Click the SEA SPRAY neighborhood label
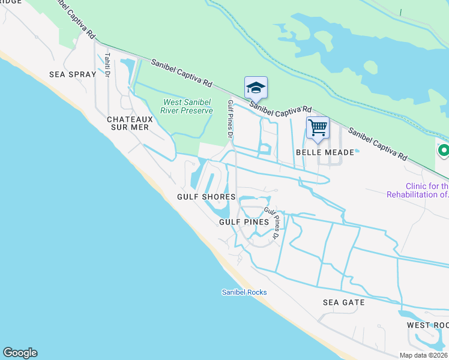[x=73, y=75]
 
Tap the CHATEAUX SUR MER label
[x=130, y=123]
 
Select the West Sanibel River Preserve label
[x=187, y=106]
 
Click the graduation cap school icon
[x=256, y=88]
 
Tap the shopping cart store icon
[x=318, y=127]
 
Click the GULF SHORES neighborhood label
[x=202, y=196]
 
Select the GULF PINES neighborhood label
[x=243, y=221]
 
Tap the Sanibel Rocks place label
[x=244, y=292]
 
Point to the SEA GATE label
[x=343, y=302]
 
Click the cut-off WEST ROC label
[x=427, y=325]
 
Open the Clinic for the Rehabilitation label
[x=418, y=190]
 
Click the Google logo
[x=20, y=353]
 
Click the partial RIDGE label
[x=10, y=2]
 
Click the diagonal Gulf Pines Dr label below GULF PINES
[x=272, y=223]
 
